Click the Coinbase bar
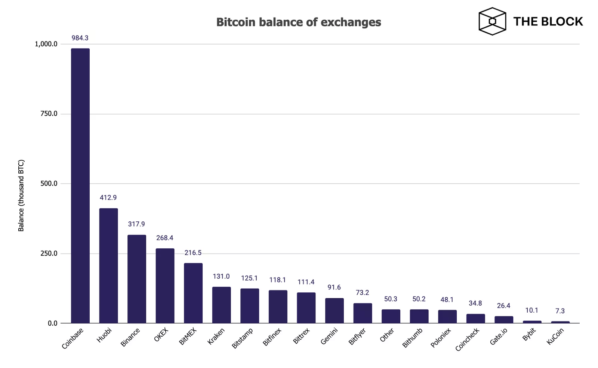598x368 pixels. click(80, 185)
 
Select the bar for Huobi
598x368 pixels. click(108, 266)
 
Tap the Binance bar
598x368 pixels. click(137, 279)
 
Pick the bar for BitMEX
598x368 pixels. click(193, 293)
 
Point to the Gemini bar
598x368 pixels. click(335, 310)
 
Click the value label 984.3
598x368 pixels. click(80, 38)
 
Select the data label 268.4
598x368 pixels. click(165, 238)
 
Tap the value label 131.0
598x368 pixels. click(221, 276)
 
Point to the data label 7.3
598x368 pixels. click(560, 311)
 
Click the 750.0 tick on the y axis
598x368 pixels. click(49, 114)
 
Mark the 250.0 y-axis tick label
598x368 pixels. click(49, 254)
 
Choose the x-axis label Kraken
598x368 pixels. click(216, 336)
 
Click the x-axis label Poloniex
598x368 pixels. click(441, 338)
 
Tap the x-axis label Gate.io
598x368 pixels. click(499, 337)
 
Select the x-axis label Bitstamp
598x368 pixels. click(243, 338)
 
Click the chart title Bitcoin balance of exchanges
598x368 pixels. click(299, 22)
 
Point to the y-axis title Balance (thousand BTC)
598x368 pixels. click(21, 196)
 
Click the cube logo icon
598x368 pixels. click(492, 21)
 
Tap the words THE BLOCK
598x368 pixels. click(548, 22)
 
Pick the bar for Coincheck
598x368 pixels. click(475, 319)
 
